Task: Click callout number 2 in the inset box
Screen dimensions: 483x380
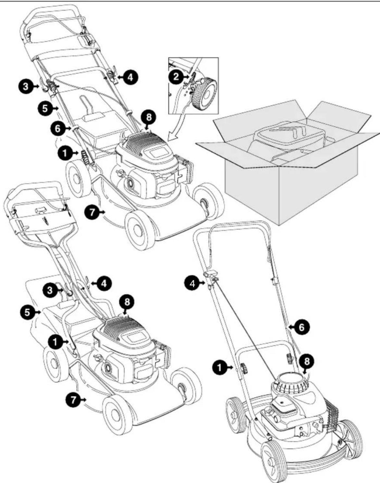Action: coord(176,77)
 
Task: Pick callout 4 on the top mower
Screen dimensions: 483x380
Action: coord(131,77)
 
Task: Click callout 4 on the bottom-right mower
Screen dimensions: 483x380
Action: coord(193,284)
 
